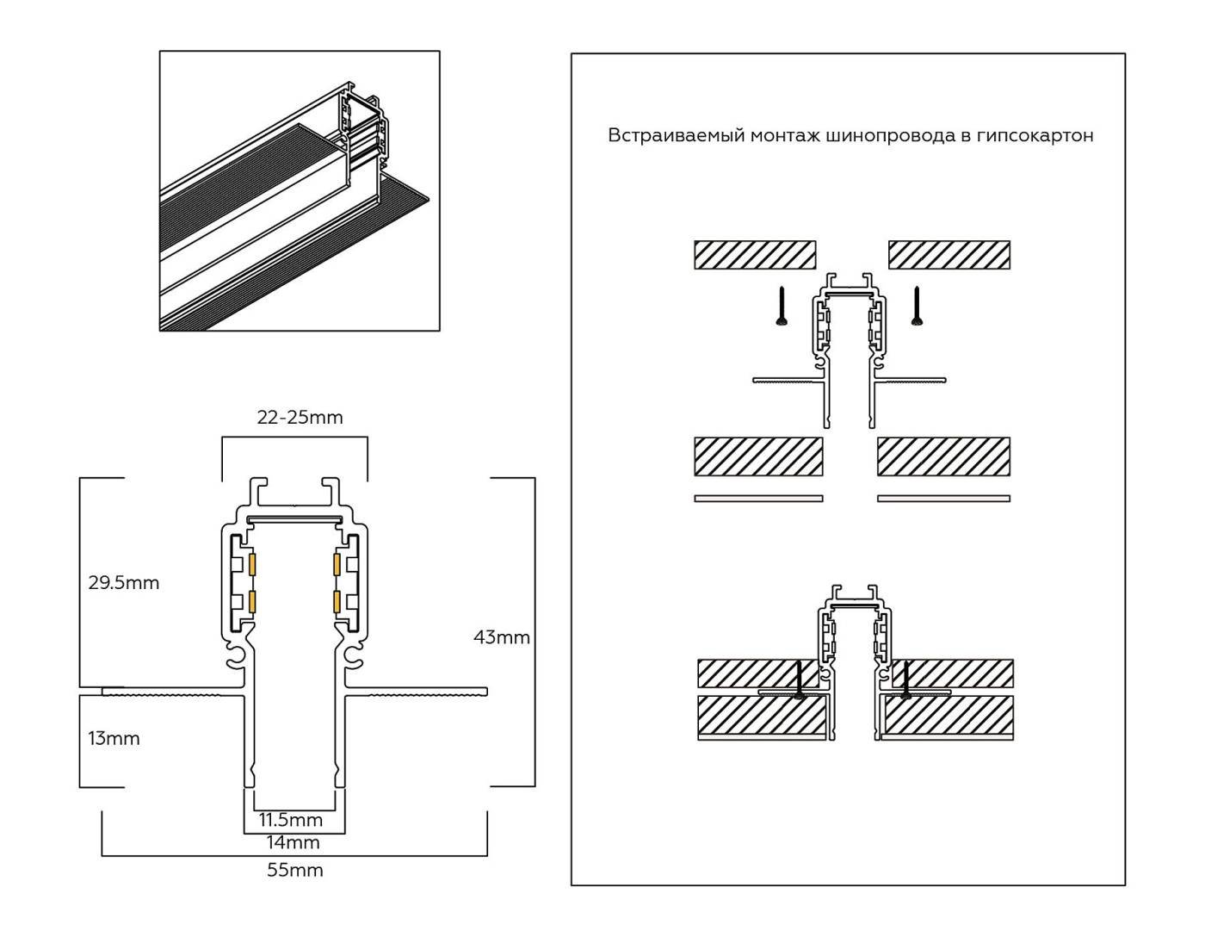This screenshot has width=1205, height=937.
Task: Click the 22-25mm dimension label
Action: click(x=300, y=418)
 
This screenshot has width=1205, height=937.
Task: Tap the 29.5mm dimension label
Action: click(x=124, y=583)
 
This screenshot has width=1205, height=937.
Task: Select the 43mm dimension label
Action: click(x=502, y=638)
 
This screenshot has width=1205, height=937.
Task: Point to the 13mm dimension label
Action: click(x=114, y=739)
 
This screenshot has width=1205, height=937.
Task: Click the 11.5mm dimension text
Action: click(x=291, y=819)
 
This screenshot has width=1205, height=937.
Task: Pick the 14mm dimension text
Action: click(x=294, y=842)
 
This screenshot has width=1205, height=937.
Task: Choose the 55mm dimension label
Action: click(x=294, y=871)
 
